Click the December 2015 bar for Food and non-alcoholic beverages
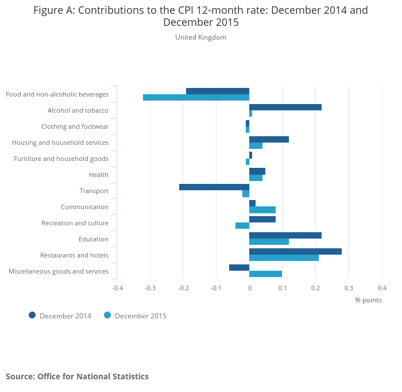pos(196,97)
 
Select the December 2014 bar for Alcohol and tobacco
pos(285,107)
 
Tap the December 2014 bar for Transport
pos(214,187)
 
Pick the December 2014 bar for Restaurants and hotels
pos(295,251)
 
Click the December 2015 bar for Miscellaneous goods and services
pos(265,274)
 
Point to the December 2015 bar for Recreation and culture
pos(242,225)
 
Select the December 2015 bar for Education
pos(269,241)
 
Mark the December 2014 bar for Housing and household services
pos(269,139)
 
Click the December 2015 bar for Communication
pos(262,210)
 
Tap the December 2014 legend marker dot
pos(32,315)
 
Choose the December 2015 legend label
pos(141,316)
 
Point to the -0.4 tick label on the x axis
pos(117,288)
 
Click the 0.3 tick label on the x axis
pos(349,288)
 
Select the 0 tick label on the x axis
pos(249,288)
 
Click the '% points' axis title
pos(368,300)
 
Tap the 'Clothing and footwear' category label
pos(75,126)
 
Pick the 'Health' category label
pos(99,175)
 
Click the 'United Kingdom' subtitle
pos(201,37)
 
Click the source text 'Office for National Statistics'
pos(93,376)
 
